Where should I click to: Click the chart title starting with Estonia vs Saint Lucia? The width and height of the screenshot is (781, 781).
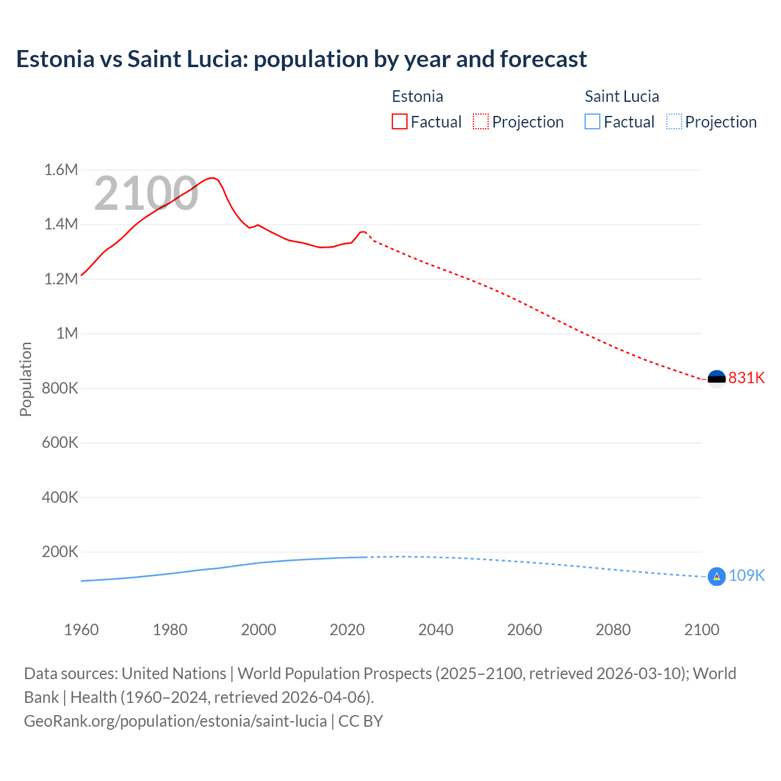pyautogui.click(x=301, y=59)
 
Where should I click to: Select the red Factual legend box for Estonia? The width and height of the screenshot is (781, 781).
pyautogui.click(x=399, y=121)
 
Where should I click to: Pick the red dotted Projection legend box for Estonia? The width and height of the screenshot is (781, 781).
pyautogui.click(x=481, y=121)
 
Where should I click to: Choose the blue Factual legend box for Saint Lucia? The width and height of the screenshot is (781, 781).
pyautogui.click(x=592, y=121)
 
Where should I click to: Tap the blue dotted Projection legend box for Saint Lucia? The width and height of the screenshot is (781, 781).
pyautogui.click(x=674, y=121)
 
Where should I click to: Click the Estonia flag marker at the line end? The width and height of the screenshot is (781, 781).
pyautogui.click(x=716, y=379)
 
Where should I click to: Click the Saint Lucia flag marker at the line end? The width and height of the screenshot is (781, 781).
pyautogui.click(x=716, y=576)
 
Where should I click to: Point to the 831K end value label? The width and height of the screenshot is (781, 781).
pyautogui.click(x=746, y=378)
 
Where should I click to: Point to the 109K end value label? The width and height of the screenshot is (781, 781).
pyautogui.click(x=746, y=575)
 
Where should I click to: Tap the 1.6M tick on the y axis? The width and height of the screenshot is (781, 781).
pyautogui.click(x=61, y=170)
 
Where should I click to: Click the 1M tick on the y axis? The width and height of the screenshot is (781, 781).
pyautogui.click(x=67, y=333)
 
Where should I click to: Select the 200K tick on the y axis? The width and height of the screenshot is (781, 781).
pyautogui.click(x=60, y=552)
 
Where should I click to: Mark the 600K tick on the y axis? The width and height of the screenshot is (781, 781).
pyautogui.click(x=60, y=442)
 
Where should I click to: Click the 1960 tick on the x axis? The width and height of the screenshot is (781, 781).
pyautogui.click(x=81, y=630)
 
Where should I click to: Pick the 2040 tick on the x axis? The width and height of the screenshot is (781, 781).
pyautogui.click(x=436, y=630)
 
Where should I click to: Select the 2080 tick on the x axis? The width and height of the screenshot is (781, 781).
pyautogui.click(x=613, y=630)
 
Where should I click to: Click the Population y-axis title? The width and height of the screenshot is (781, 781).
pyautogui.click(x=26, y=379)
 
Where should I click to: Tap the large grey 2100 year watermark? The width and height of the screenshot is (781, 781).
pyautogui.click(x=146, y=193)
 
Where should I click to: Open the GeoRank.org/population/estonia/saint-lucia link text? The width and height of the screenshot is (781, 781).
pyautogui.click(x=175, y=721)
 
